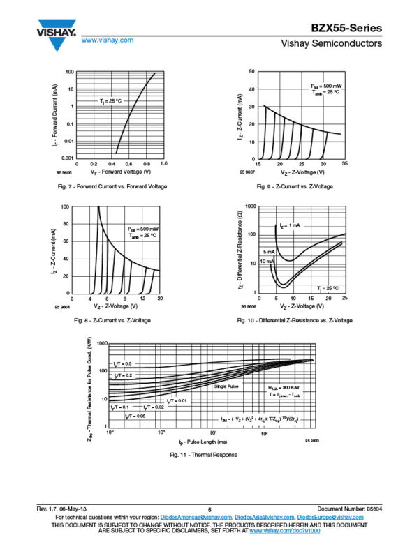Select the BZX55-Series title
tap(347, 28)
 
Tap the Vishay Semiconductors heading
tap(331, 44)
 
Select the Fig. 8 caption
tap(112, 320)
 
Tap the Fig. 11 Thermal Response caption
tap(203, 456)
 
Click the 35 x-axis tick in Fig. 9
tap(345, 163)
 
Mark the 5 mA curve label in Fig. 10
tap(268, 251)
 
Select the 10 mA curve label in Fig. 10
tap(267, 261)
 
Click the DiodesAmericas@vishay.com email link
tap(196, 518)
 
